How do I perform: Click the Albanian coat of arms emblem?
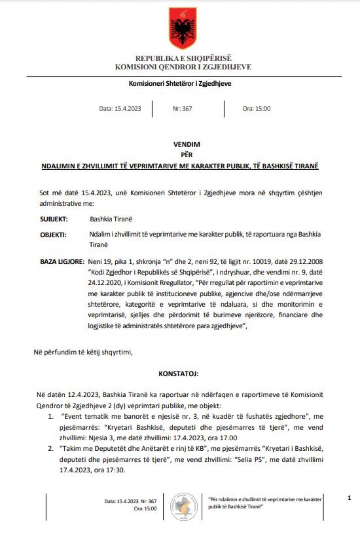click(x=182, y=28)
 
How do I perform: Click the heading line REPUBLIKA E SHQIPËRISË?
click(x=183, y=58)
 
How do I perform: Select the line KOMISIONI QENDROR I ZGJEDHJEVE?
click(x=183, y=67)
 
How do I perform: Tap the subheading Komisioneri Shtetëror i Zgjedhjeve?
click(x=180, y=84)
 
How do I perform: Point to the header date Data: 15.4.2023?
click(x=120, y=108)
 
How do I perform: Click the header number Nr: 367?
click(x=182, y=108)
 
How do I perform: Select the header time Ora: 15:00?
click(x=256, y=108)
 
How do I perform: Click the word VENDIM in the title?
click(x=186, y=144)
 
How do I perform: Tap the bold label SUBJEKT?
click(x=54, y=219)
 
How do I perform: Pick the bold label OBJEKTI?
click(x=53, y=235)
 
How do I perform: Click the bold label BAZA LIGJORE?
click(x=62, y=262)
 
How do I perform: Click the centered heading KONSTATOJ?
click(x=178, y=374)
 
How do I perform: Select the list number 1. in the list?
click(x=51, y=416)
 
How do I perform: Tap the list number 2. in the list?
click(x=51, y=448)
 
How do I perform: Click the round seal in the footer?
click(x=184, y=507)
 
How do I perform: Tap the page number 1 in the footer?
click(x=349, y=498)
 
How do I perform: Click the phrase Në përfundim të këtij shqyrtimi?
click(x=83, y=352)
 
